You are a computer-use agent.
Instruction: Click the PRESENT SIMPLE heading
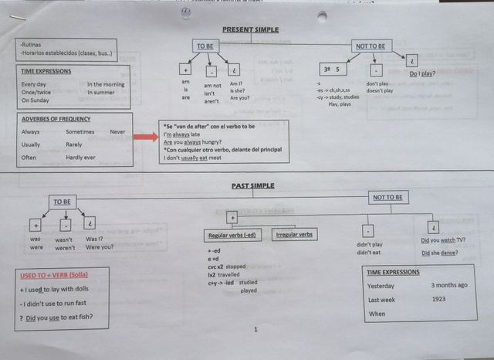coord(250,29)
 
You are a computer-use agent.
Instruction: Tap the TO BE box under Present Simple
coord(205,47)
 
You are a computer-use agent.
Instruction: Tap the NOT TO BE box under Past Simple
coord(387,198)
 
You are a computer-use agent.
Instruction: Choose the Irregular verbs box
coord(294,235)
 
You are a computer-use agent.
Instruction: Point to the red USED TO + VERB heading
coord(53,275)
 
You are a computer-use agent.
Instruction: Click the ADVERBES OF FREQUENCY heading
coord(56,119)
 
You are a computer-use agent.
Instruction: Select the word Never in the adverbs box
coord(117,132)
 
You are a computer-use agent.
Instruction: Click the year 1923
coord(439,299)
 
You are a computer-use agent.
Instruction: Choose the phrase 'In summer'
coord(103,92)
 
